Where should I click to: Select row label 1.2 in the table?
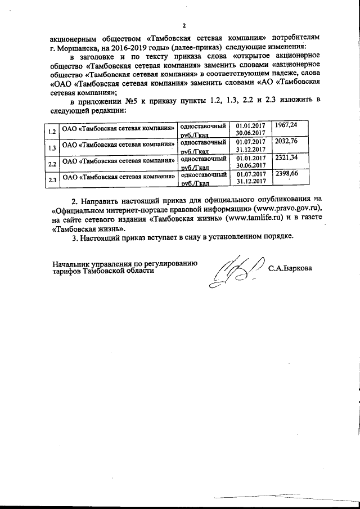[x=52, y=133]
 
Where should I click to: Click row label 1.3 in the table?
[x=52, y=148]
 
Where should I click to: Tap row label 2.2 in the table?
[x=52, y=165]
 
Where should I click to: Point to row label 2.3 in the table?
[x=52, y=181]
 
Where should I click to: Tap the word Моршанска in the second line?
[x=76, y=46]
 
